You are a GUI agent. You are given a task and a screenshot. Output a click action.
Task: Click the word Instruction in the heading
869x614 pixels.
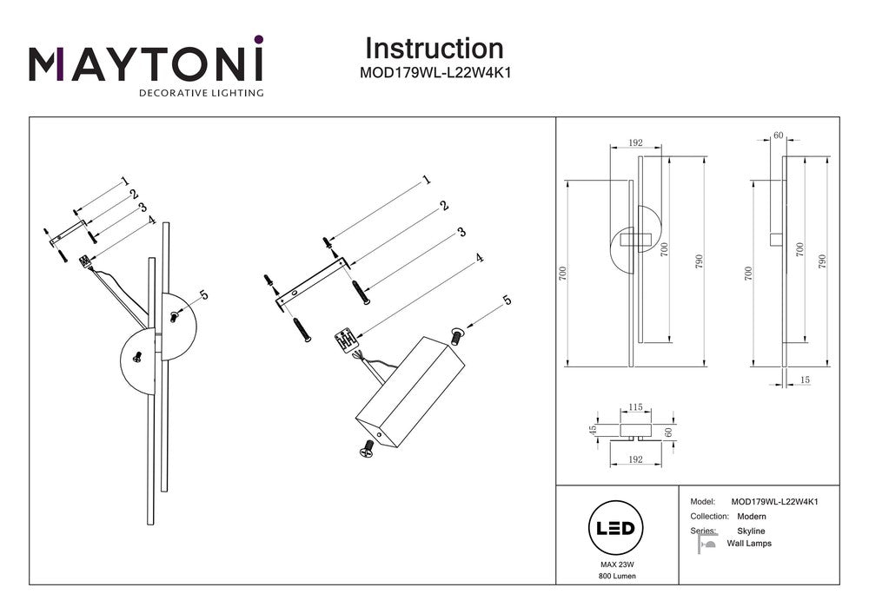[x=434, y=49]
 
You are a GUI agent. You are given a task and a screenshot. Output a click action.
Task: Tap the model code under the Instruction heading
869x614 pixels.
[x=434, y=74]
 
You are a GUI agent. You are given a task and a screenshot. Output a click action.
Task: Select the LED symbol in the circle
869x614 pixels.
[x=616, y=528]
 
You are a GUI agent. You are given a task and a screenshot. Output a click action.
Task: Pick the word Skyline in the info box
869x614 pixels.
[x=751, y=531]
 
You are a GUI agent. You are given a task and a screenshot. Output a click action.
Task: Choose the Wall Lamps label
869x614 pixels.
[x=748, y=544]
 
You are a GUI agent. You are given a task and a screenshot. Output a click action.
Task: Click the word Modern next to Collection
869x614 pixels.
[x=751, y=516]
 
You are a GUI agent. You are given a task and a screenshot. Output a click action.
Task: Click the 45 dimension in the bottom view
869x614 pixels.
[x=594, y=429]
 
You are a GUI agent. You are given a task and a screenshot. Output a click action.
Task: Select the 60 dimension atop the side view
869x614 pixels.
[x=778, y=135]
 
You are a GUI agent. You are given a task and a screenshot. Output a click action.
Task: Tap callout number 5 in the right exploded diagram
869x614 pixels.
[x=507, y=300]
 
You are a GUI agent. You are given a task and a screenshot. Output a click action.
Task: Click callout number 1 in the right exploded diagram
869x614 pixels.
[x=427, y=181]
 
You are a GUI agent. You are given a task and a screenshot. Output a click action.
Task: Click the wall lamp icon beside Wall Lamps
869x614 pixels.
[x=706, y=545]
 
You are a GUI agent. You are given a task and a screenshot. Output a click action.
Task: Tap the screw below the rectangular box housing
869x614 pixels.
[x=367, y=449]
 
